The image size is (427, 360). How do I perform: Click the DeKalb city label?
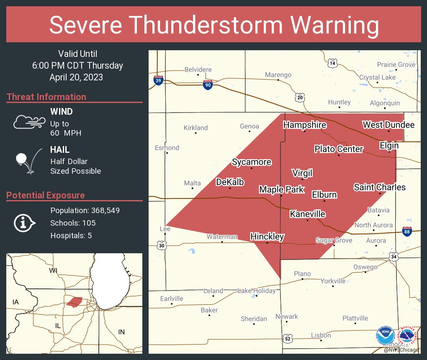click(x=230, y=182)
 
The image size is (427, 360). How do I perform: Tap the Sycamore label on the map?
click(x=252, y=162)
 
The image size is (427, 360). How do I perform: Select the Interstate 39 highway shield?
click(x=158, y=80)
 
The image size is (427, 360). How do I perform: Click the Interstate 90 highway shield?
click(x=208, y=85)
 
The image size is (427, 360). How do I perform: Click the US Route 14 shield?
click(x=332, y=63)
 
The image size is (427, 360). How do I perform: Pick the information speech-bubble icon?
click(x=24, y=223)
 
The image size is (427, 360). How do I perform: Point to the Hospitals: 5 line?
click(x=71, y=235)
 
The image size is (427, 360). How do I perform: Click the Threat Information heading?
click(x=46, y=97)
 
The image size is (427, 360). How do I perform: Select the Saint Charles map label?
click(x=380, y=187)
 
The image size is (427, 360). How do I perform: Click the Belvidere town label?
click(x=198, y=69)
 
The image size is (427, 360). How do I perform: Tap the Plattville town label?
click(x=355, y=318)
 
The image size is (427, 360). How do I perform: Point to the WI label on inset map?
click(x=53, y=270)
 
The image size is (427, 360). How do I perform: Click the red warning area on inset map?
click(x=74, y=302)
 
